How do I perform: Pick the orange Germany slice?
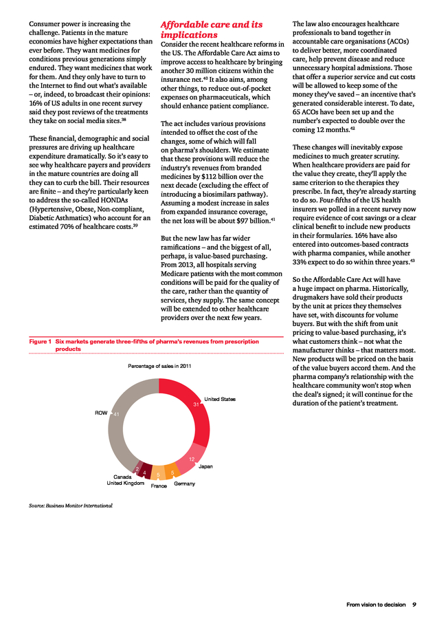(x=172, y=473)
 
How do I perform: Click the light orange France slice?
(x=157, y=475)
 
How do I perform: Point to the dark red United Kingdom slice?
(x=144, y=471)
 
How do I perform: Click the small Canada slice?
(x=137, y=468)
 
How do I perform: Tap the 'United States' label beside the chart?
(x=220, y=399)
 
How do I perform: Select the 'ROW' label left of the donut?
(x=101, y=413)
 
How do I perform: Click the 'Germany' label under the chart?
(x=185, y=484)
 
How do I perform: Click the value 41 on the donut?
(x=117, y=414)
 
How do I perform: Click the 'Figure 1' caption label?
(x=40, y=341)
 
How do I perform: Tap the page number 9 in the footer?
(x=414, y=605)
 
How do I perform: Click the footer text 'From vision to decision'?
(x=376, y=605)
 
